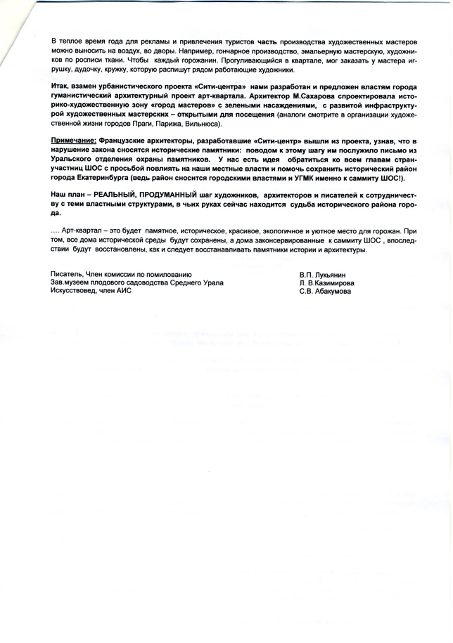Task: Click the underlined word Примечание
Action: click(72, 142)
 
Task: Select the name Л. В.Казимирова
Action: click(326, 282)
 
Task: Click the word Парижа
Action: click(169, 124)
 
